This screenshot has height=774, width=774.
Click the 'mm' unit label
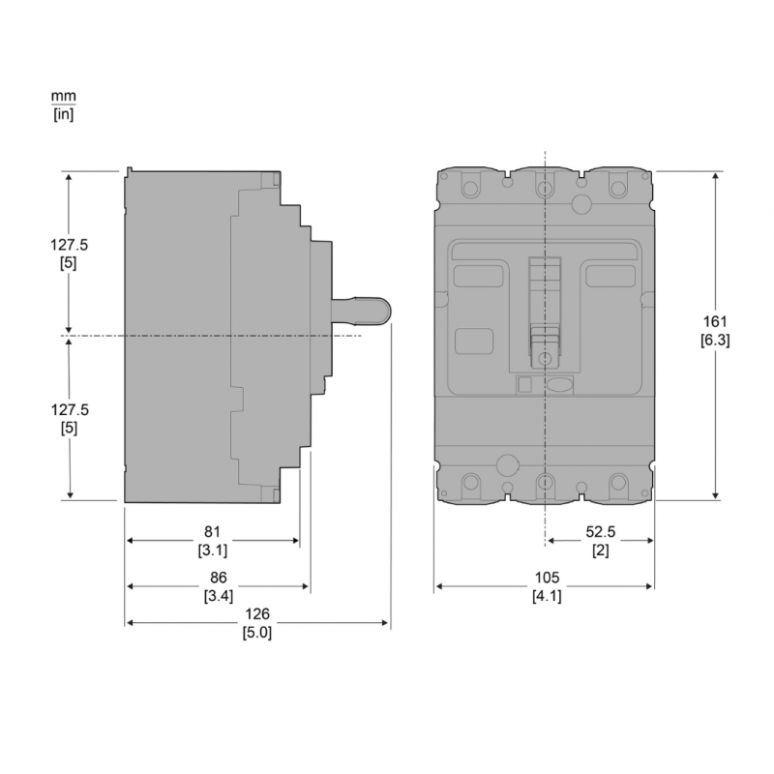(x=63, y=97)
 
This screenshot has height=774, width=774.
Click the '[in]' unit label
(x=63, y=114)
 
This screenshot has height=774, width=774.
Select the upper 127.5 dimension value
(x=68, y=245)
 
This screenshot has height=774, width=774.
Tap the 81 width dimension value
(x=213, y=532)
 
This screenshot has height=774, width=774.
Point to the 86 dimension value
(x=218, y=578)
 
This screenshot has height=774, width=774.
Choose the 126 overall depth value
(x=256, y=614)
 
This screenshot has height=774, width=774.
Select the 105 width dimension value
(x=547, y=578)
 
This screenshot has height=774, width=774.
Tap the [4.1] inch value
(x=547, y=596)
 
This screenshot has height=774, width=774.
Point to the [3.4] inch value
(x=218, y=596)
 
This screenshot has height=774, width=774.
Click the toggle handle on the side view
(x=363, y=312)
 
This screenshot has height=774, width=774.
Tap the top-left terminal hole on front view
(x=471, y=184)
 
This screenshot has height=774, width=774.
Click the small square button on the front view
(x=524, y=384)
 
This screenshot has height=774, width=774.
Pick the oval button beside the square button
(x=558, y=385)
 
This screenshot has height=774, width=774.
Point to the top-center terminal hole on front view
(x=545, y=184)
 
